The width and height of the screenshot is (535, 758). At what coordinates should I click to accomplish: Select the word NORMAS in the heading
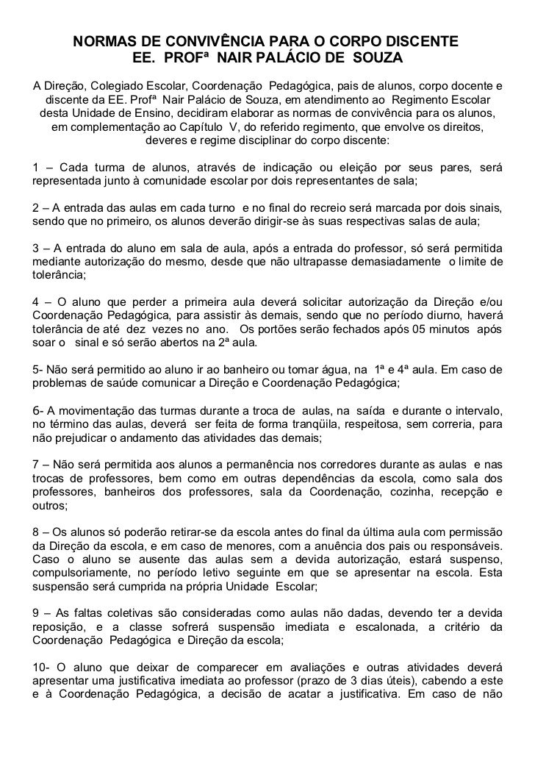pos(105,38)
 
